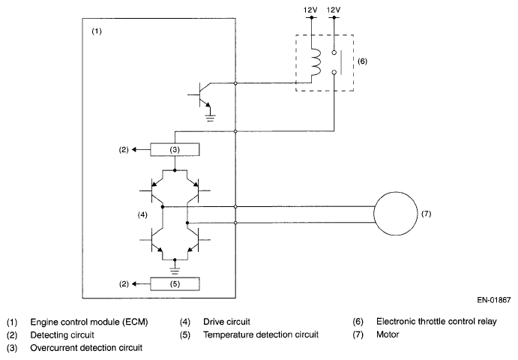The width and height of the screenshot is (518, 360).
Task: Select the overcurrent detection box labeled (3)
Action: (175, 150)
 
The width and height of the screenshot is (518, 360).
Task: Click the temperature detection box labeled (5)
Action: (175, 284)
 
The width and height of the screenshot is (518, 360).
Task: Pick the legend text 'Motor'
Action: (389, 334)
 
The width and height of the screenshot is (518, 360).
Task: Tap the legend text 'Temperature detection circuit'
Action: (261, 334)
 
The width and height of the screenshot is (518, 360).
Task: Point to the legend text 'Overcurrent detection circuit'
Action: (86, 347)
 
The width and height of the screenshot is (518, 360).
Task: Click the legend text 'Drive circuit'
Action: (228, 322)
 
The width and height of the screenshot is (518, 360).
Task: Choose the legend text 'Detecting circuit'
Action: (61, 334)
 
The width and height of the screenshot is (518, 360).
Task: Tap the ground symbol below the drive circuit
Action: (175, 264)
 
